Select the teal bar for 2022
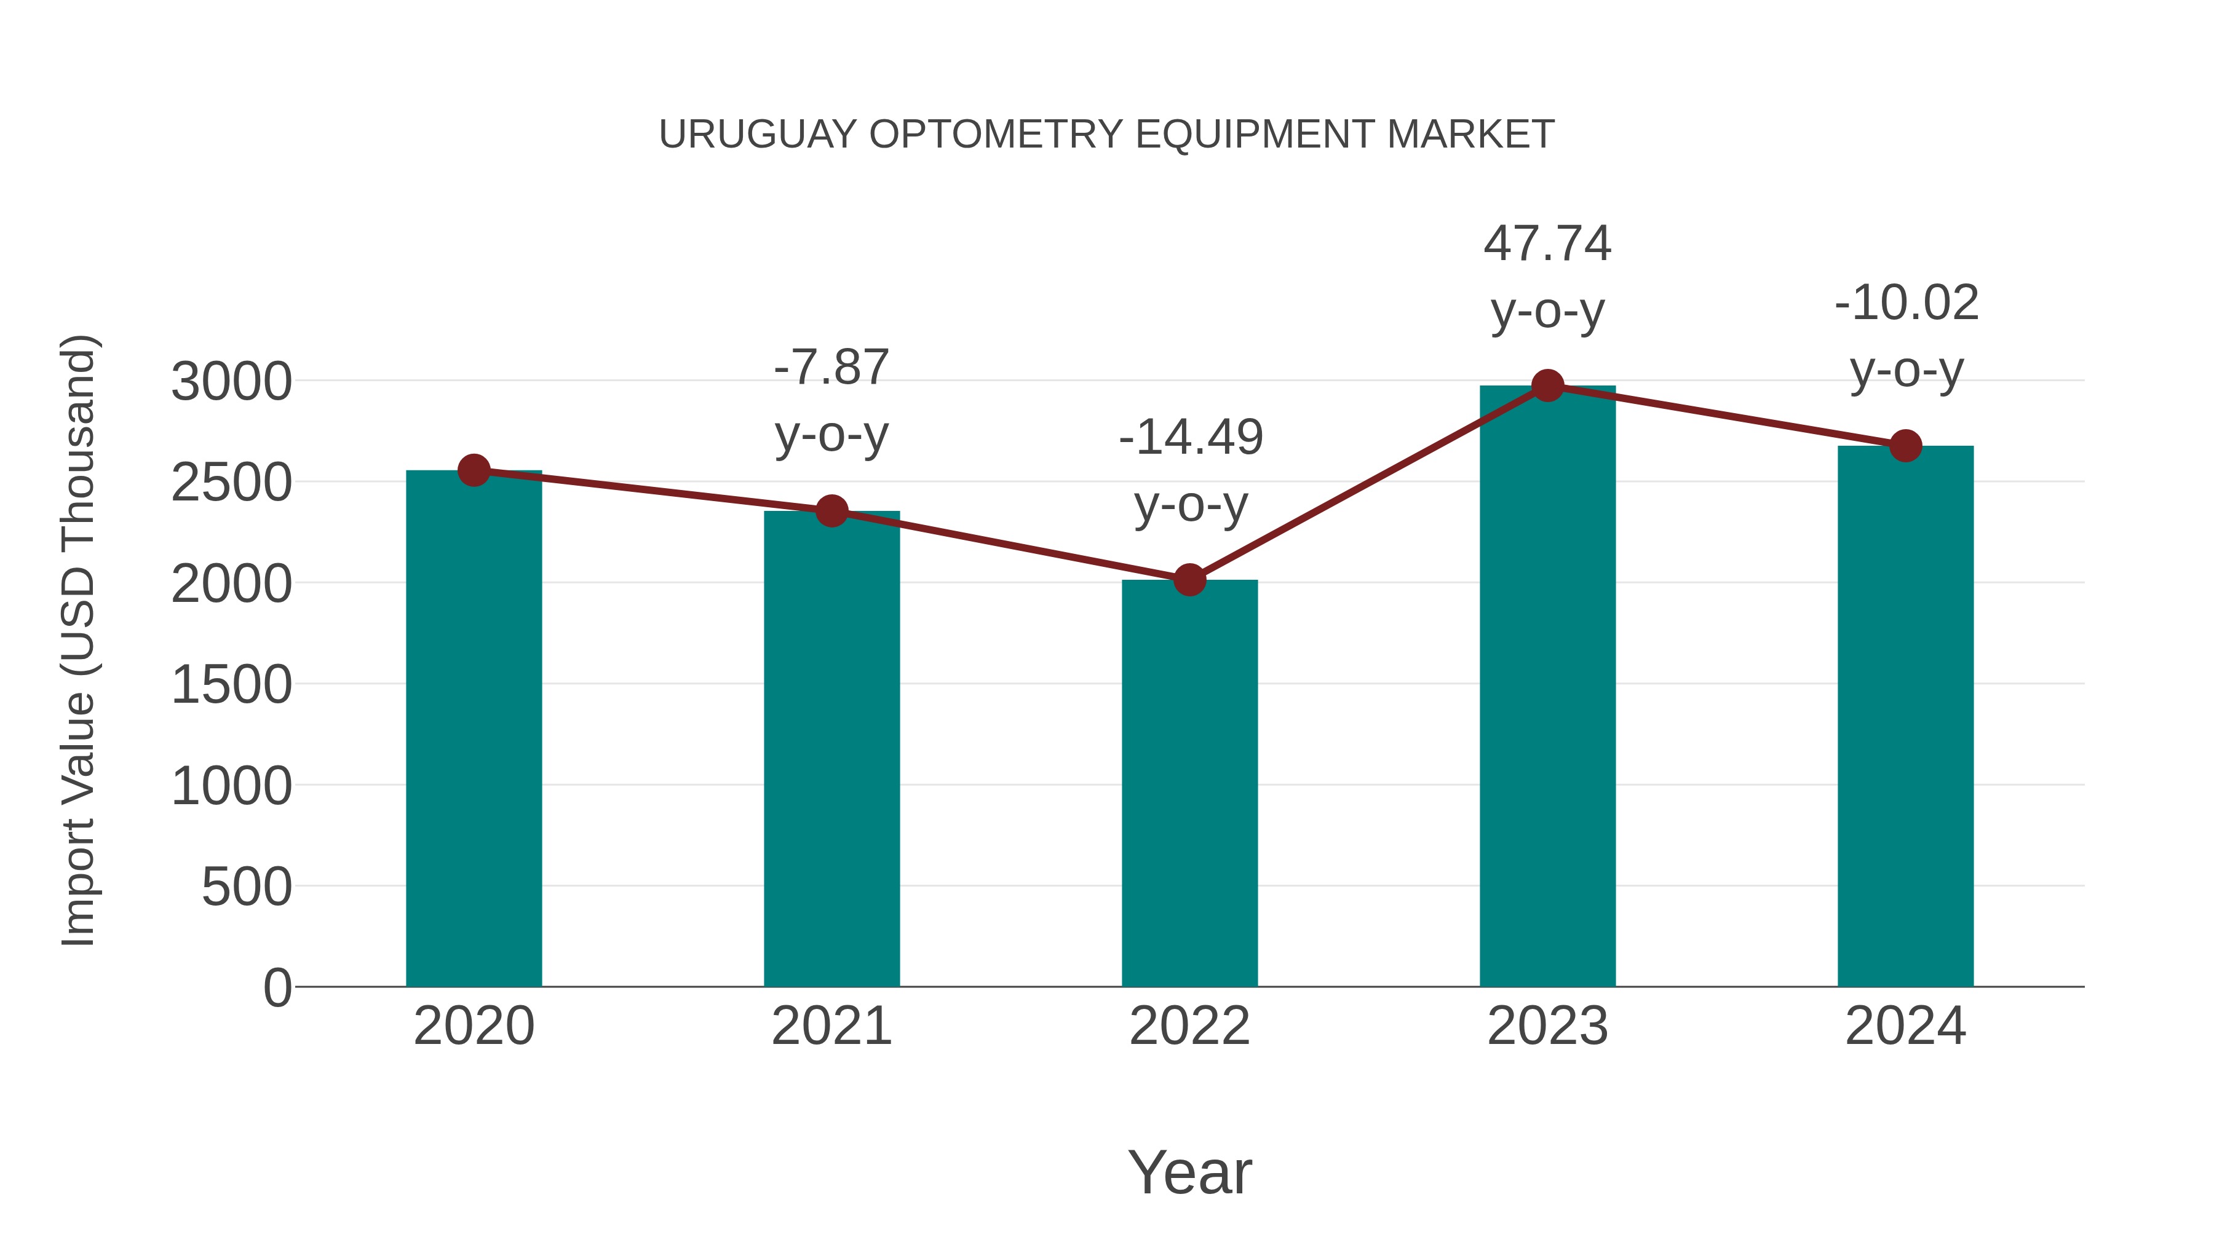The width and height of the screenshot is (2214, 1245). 1189,783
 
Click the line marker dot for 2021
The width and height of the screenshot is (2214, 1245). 831,512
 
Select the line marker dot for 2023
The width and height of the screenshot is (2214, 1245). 1547,385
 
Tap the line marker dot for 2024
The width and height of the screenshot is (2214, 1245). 1905,446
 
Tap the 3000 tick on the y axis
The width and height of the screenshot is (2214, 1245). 231,382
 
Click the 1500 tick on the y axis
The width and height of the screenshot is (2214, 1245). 231,686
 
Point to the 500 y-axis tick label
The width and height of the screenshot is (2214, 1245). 246,888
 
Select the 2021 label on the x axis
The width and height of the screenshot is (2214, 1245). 831,1026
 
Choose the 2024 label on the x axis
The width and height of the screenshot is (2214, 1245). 1905,1026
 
